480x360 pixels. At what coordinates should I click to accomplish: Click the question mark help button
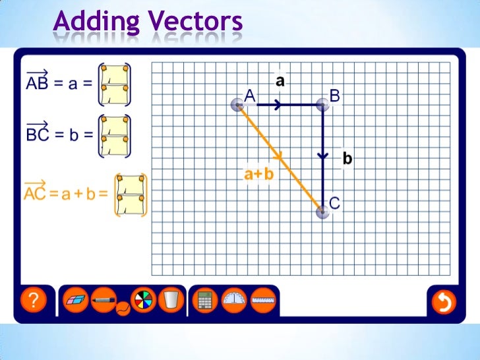click(x=34, y=301)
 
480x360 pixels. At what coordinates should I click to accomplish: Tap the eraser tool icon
click(x=76, y=301)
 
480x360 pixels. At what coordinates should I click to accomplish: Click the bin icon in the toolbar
click(x=171, y=301)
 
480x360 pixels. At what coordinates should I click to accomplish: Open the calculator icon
click(x=205, y=301)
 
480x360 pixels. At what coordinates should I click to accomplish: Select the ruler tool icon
click(x=263, y=301)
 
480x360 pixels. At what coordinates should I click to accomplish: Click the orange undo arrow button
click(x=444, y=302)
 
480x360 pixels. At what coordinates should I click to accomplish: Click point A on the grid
click(x=238, y=104)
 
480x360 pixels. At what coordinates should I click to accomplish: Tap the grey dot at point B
click(x=322, y=104)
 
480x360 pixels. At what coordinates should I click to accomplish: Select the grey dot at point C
click(x=322, y=211)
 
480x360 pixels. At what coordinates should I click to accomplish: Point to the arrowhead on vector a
click(x=278, y=104)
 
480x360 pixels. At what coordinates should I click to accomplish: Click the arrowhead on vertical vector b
click(x=322, y=156)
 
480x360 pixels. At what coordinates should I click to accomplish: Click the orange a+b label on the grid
click(x=258, y=175)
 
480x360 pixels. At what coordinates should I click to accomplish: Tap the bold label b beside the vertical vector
click(x=347, y=158)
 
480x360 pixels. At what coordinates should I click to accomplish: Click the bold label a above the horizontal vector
click(x=280, y=81)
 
